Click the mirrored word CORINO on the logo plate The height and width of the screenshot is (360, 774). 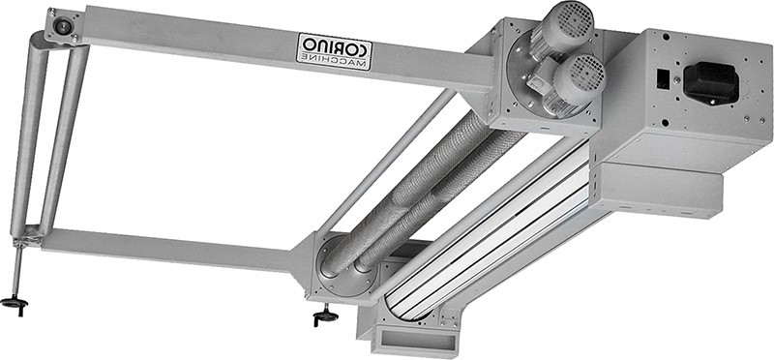pos(335,46)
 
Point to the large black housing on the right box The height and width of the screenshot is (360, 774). pos(710,82)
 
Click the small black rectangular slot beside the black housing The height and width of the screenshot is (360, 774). pos(664,79)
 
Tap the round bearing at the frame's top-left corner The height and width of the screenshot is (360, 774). pos(63,27)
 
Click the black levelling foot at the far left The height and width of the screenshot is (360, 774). pos(15,303)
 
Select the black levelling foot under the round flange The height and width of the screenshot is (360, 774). pos(326,315)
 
